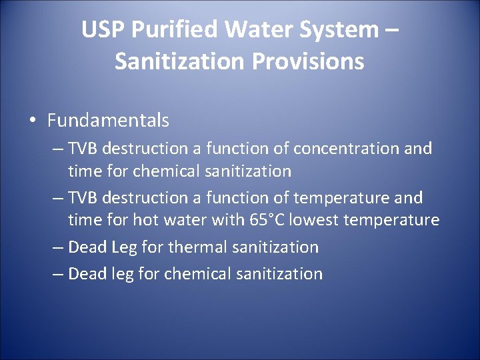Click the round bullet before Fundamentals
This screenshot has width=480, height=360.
point(33,121)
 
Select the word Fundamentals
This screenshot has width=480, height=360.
point(108,121)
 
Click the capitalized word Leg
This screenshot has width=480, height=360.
point(124,248)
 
